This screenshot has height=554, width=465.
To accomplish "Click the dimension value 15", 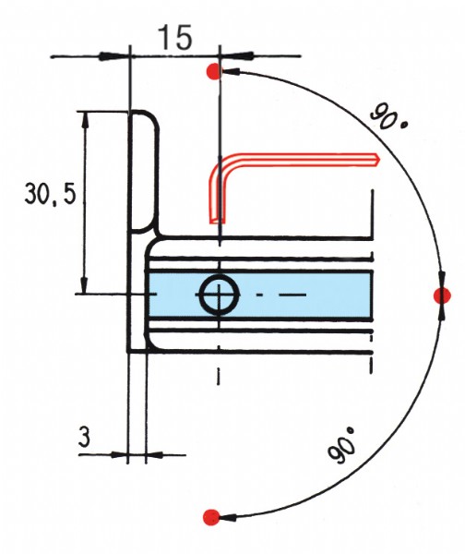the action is click(x=176, y=37).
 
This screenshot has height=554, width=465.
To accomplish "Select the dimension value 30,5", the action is click(x=50, y=195).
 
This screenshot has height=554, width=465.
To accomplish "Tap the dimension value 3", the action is click(x=84, y=437).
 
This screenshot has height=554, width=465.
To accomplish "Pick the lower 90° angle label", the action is click(x=341, y=444).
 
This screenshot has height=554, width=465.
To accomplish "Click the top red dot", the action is click(x=214, y=71).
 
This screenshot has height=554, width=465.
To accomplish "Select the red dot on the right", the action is click(x=442, y=295).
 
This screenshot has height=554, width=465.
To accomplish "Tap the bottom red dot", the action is click(x=211, y=517).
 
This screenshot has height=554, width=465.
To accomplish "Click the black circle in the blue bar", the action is click(x=220, y=295).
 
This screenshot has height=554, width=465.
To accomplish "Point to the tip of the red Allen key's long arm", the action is click(x=379, y=160).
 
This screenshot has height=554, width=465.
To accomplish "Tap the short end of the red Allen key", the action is click(x=217, y=221).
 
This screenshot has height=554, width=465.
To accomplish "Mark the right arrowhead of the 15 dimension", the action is click(x=237, y=55).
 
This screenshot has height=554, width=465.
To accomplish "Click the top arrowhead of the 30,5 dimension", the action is click(x=84, y=120).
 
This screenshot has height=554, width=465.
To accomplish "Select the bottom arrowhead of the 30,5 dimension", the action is click(x=84, y=285).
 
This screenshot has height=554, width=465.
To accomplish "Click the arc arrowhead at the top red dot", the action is click(x=232, y=72).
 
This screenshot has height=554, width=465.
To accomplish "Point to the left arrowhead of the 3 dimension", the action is click(x=119, y=454).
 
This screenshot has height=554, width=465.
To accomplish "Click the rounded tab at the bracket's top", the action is click(x=143, y=172).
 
